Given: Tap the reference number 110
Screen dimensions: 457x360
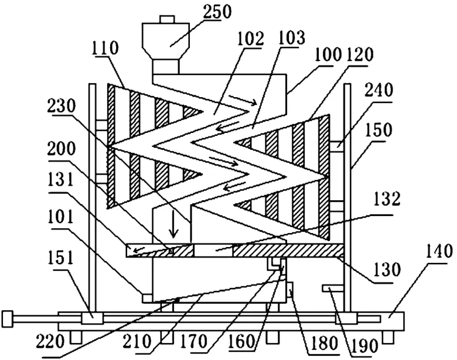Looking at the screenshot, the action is [x=105, y=49].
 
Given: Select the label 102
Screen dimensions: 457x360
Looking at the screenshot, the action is [x=250, y=39].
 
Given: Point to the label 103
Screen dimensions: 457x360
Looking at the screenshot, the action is [x=291, y=37].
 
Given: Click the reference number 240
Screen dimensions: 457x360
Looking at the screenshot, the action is [x=378, y=91].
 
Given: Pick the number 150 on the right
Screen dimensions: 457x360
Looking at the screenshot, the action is [x=378, y=131].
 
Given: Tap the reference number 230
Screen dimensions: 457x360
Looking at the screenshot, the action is [x=62, y=107].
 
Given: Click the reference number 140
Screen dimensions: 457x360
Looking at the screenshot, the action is [x=439, y=252].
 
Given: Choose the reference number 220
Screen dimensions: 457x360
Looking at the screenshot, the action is [x=50, y=341].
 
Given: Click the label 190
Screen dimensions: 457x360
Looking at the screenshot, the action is [x=364, y=346].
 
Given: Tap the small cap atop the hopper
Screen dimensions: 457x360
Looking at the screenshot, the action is [x=168, y=19].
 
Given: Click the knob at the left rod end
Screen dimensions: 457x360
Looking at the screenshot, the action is [x=7, y=319].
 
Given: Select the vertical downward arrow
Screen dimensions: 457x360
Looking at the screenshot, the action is [x=174, y=224].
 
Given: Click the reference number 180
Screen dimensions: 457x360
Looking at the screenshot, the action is [x=323, y=343].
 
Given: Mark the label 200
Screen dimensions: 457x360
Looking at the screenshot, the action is [x=61, y=149].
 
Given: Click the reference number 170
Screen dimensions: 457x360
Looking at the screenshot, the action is [x=193, y=341].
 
